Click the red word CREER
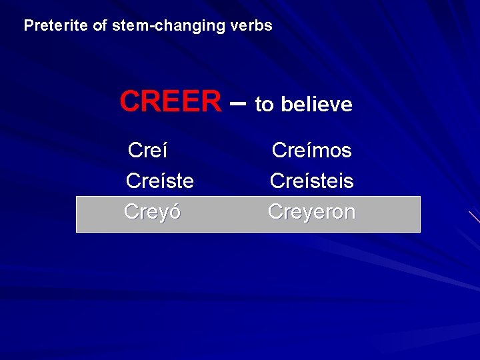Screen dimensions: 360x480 pos(170,102)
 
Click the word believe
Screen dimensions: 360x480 pos(317,105)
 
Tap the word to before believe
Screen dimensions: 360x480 pos(264,105)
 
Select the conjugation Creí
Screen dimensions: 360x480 pos(147,151)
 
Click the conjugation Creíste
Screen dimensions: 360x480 pos(159,181)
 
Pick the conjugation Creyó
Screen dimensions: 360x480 pos(152,212)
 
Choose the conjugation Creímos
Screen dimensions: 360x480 pos(311,151)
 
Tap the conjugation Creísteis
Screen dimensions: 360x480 pos(311,181)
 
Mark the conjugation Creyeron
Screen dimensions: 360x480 pos(311,212)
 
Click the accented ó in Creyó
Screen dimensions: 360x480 pos(175,212)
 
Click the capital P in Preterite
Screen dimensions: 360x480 pos(28,26)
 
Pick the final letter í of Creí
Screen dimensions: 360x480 pos(164,151)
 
